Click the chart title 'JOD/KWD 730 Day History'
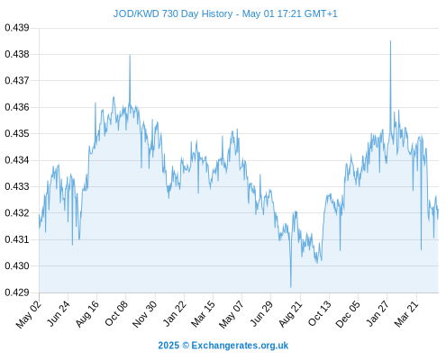coord(173,13)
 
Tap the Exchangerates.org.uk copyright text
coord(223,346)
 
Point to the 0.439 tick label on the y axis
coord(17,28)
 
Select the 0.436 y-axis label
coord(17,107)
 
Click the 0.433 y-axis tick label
coord(17,186)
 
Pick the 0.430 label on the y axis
coord(17,265)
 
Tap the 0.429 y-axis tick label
coord(17,292)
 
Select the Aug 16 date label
coord(87,313)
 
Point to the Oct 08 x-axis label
coord(116,313)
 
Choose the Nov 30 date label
coord(145,314)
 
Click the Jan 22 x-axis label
coord(175,313)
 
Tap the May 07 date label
coord(231,314)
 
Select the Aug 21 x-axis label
coord(290,313)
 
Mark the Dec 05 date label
coord(348,314)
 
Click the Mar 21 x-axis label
coord(406,313)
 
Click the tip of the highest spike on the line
coord(390,40)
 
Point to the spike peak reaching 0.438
coord(130,55)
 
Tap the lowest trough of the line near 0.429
coord(291,287)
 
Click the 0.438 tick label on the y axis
coord(17,54)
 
